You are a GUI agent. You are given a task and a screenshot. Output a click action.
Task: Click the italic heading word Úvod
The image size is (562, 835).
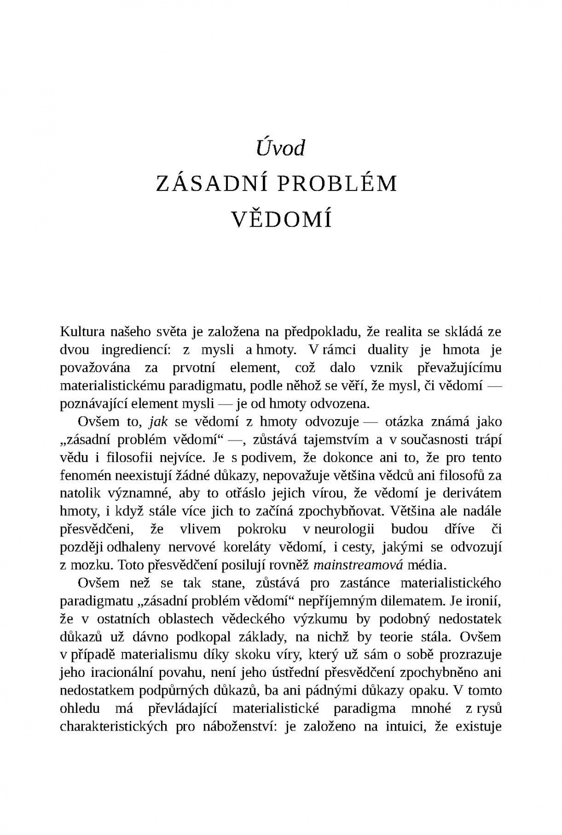pos(280,148)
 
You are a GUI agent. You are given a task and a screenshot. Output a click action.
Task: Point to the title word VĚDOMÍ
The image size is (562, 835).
pos(281,220)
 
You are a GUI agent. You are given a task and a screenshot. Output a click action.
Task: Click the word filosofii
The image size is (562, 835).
pos(129,458)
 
